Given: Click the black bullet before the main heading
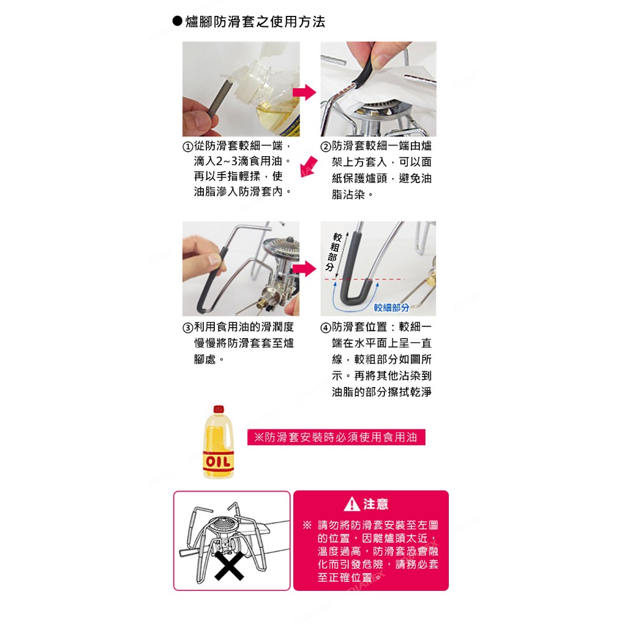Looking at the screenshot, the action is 177,21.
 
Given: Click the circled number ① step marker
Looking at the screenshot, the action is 188,146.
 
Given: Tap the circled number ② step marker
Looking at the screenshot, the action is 326,146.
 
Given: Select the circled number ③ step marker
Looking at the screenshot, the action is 188,328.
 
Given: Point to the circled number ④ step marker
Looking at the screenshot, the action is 326,328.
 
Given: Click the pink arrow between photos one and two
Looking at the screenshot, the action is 304,92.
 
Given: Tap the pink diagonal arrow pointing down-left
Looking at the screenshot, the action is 309,167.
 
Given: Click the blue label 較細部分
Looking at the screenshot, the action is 391,307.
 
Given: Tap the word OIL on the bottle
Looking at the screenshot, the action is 219,462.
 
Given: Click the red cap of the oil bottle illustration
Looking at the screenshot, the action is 219,409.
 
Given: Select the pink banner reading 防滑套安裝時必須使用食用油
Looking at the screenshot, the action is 336,437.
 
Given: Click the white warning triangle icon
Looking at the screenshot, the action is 352,505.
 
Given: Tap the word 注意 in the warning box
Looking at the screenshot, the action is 375,504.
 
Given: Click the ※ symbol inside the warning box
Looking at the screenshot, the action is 307,525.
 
